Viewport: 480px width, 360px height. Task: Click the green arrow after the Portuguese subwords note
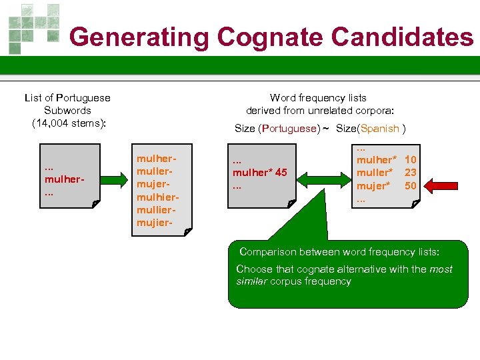[x=116, y=179]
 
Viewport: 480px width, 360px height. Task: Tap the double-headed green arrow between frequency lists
[x=325, y=178]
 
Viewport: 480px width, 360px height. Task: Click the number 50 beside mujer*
[x=411, y=185]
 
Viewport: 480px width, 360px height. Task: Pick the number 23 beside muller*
[x=411, y=173]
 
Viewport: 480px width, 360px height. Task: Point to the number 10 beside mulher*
[x=411, y=160]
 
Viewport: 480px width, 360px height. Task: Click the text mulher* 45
[x=259, y=173]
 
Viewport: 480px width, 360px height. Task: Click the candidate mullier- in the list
[x=157, y=210]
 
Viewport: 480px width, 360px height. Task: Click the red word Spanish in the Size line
[x=380, y=129]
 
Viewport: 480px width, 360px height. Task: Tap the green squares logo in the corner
[x=33, y=27]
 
